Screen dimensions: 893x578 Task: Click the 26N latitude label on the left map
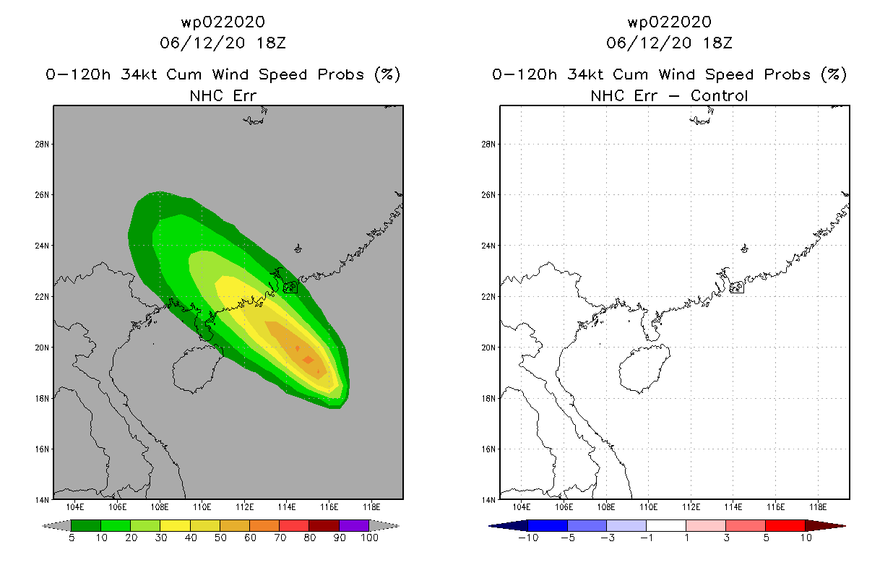tap(42, 195)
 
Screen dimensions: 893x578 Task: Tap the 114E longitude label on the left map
tap(287, 507)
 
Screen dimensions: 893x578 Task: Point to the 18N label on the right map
tap(488, 399)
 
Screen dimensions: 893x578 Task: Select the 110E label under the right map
tap(648, 507)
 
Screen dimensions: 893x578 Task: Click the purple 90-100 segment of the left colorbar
tap(354, 525)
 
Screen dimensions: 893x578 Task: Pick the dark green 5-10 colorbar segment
tap(86, 525)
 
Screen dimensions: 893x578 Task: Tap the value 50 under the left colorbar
tap(220, 538)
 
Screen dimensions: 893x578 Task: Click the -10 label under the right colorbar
tap(528, 538)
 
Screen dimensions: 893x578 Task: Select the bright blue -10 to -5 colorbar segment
tap(548, 525)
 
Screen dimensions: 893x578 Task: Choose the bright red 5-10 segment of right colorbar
tap(785, 525)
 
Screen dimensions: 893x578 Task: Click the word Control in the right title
tap(719, 95)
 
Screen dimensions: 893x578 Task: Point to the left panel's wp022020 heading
tap(223, 22)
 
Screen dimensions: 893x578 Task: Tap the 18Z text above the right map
tap(717, 43)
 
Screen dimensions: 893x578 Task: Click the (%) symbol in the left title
tap(387, 74)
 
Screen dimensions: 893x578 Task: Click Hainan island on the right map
tap(644, 368)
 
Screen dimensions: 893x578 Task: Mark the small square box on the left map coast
tap(290, 287)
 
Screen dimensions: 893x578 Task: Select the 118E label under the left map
tap(371, 507)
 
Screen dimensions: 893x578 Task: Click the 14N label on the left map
tap(42, 500)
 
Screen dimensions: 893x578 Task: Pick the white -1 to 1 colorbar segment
tap(666, 525)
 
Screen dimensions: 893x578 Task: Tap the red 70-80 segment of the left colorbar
tap(294, 525)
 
